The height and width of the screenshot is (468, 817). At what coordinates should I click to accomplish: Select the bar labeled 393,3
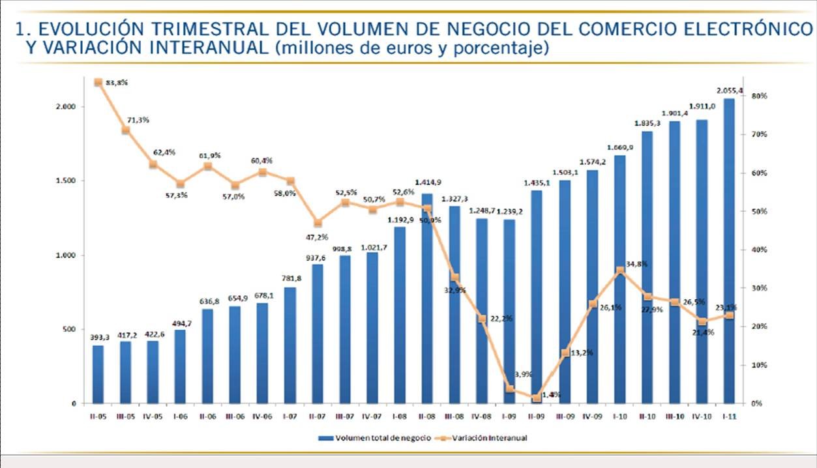click(x=98, y=374)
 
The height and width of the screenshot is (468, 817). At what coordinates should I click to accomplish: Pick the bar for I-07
click(x=290, y=345)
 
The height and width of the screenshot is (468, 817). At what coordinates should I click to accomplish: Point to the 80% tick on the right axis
click(x=760, y=96)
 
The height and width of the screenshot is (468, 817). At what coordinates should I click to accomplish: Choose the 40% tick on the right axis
click(x=760, y=250)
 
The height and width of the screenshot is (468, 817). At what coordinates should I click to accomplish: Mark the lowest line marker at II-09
click(x=537, y=398)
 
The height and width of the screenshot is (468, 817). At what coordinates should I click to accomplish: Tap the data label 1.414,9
click(x=427, y=182)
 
